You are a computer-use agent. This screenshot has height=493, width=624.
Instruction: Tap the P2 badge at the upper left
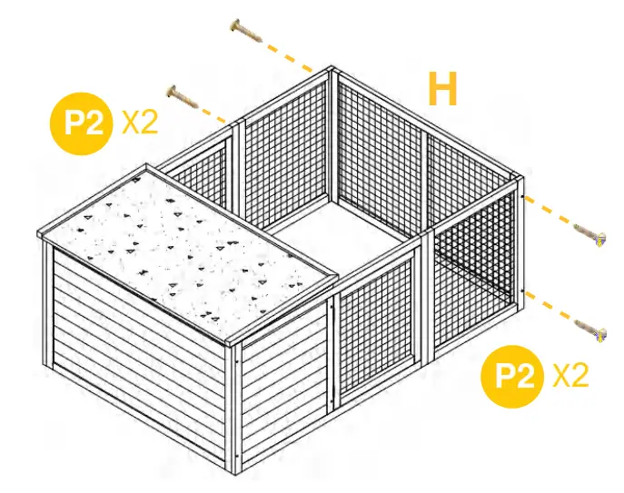click(83, 122)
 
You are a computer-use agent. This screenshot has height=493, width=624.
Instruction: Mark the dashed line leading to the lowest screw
click(550, 310)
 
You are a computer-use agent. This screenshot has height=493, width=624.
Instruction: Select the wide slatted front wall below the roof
click(136, 350)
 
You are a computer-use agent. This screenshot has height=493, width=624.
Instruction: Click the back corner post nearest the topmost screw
click(333, 136)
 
